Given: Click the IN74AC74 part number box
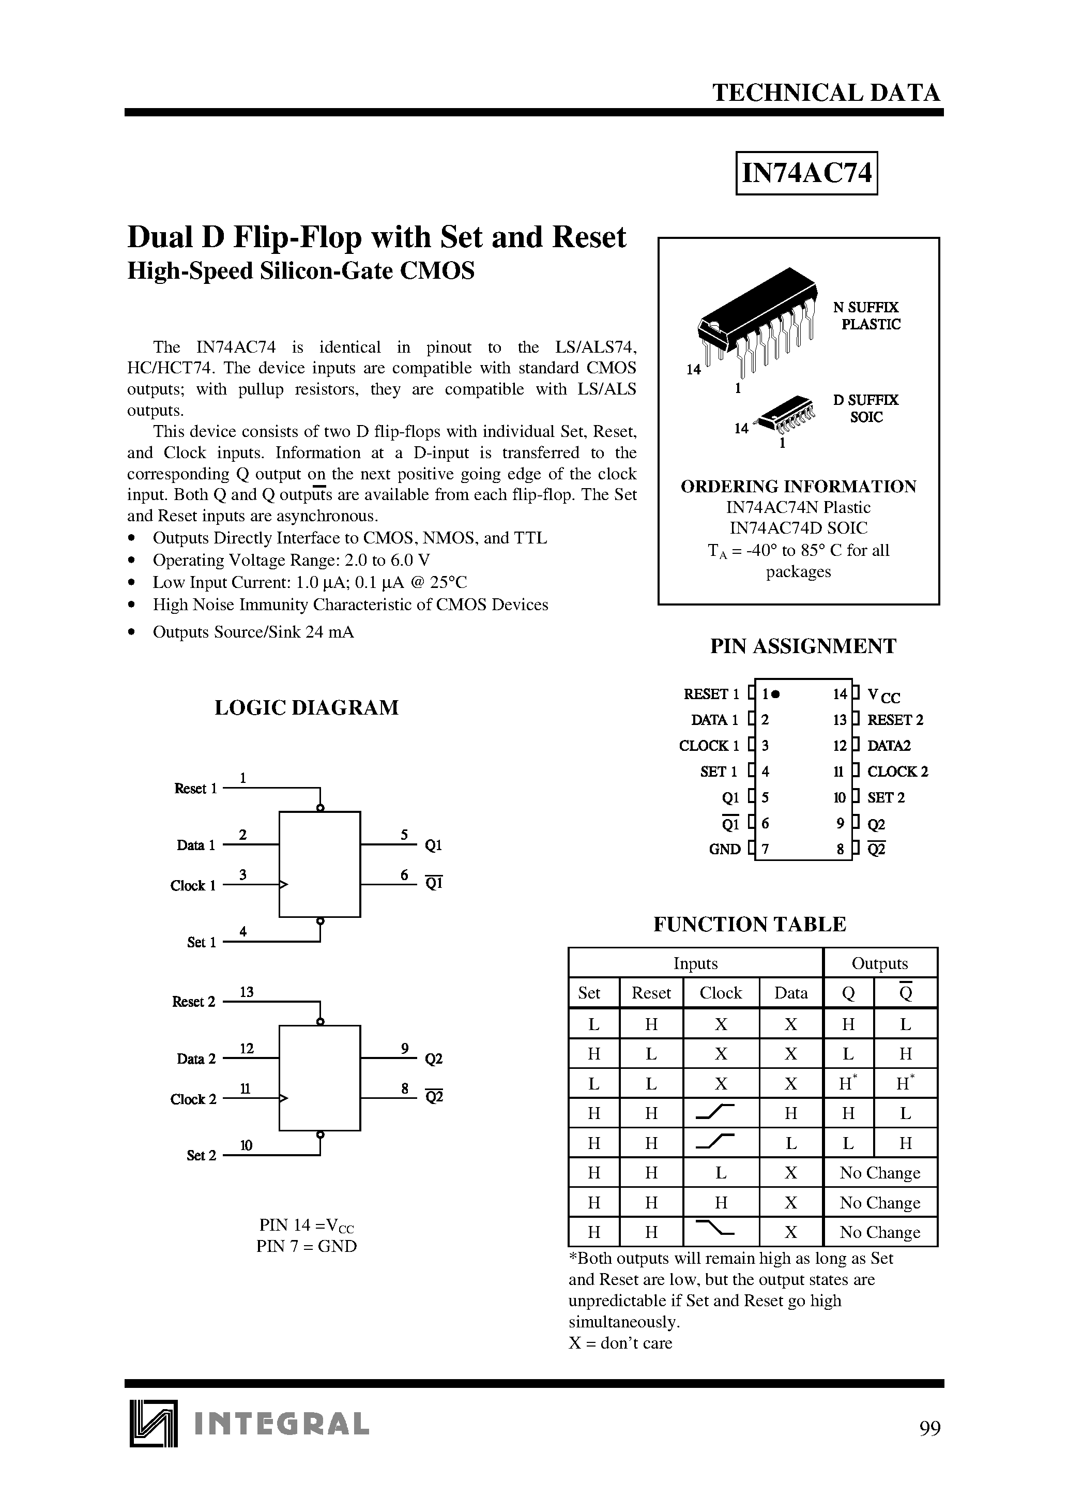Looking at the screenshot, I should [806, 173].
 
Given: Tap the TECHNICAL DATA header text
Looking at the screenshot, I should [827, 93].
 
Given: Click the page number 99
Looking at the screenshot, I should [930, 1428].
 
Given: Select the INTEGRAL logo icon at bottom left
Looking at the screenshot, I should [154, 1423].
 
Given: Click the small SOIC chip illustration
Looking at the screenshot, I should [786, 414].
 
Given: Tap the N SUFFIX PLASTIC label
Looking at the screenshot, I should [866, 316].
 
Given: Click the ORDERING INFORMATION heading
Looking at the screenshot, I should [798, 487].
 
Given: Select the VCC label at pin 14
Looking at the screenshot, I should [883, 695].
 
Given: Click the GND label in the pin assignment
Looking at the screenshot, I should [724, 850].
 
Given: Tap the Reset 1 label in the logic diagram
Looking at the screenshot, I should [195, 788].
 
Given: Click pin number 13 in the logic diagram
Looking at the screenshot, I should [247, 992].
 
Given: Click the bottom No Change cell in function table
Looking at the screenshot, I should [880, 1232].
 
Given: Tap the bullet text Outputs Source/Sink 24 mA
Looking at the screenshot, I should [253, 632].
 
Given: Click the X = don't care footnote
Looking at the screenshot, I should [620, 1343].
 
